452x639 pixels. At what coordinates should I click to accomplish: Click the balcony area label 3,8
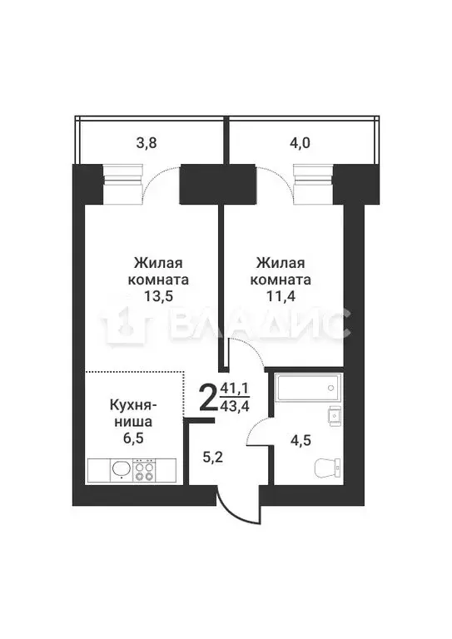pos(147,142)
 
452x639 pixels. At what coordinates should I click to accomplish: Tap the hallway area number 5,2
pos(215,455)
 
